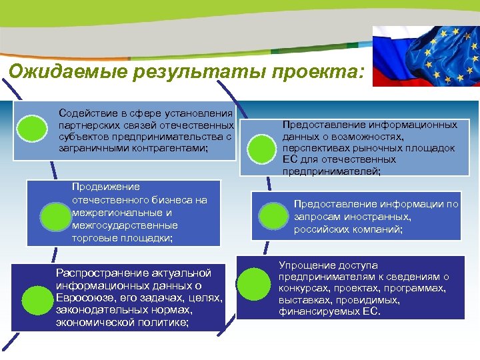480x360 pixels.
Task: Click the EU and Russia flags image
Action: (x=425, y=56)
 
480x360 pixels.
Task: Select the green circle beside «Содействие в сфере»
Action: (x=31, y=129)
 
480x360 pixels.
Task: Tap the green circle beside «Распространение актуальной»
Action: (x=36, y=301)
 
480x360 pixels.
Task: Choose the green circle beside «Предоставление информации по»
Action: (x=271, y=216)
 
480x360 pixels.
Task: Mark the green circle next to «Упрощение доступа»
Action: (x=253, y=283)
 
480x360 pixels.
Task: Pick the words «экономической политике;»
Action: (x=123, y=323)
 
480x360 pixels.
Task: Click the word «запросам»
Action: (x=316, y=217)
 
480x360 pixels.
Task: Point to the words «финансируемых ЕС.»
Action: (x=330, y=311)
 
